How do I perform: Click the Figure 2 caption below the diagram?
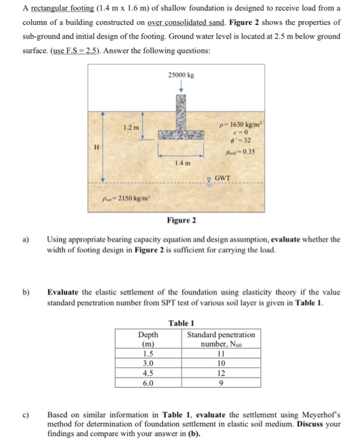pyautogui.click(x=181, y=221)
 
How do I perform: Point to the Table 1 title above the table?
pyautogui.click(x=181, y=323)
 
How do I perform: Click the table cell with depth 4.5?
pyautogui.click(x=148, y=373)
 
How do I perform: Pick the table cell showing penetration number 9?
pyautogui.click(x=221, y=383)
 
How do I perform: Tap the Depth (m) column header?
pyautogui.click(x=148, y=339)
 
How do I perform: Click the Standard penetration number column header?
pyautogui.click(x=221, y=339)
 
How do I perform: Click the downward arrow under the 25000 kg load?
pyautogui.click(x=181, y=88)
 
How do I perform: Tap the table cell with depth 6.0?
pyautogui.click(x=148, y=383)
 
